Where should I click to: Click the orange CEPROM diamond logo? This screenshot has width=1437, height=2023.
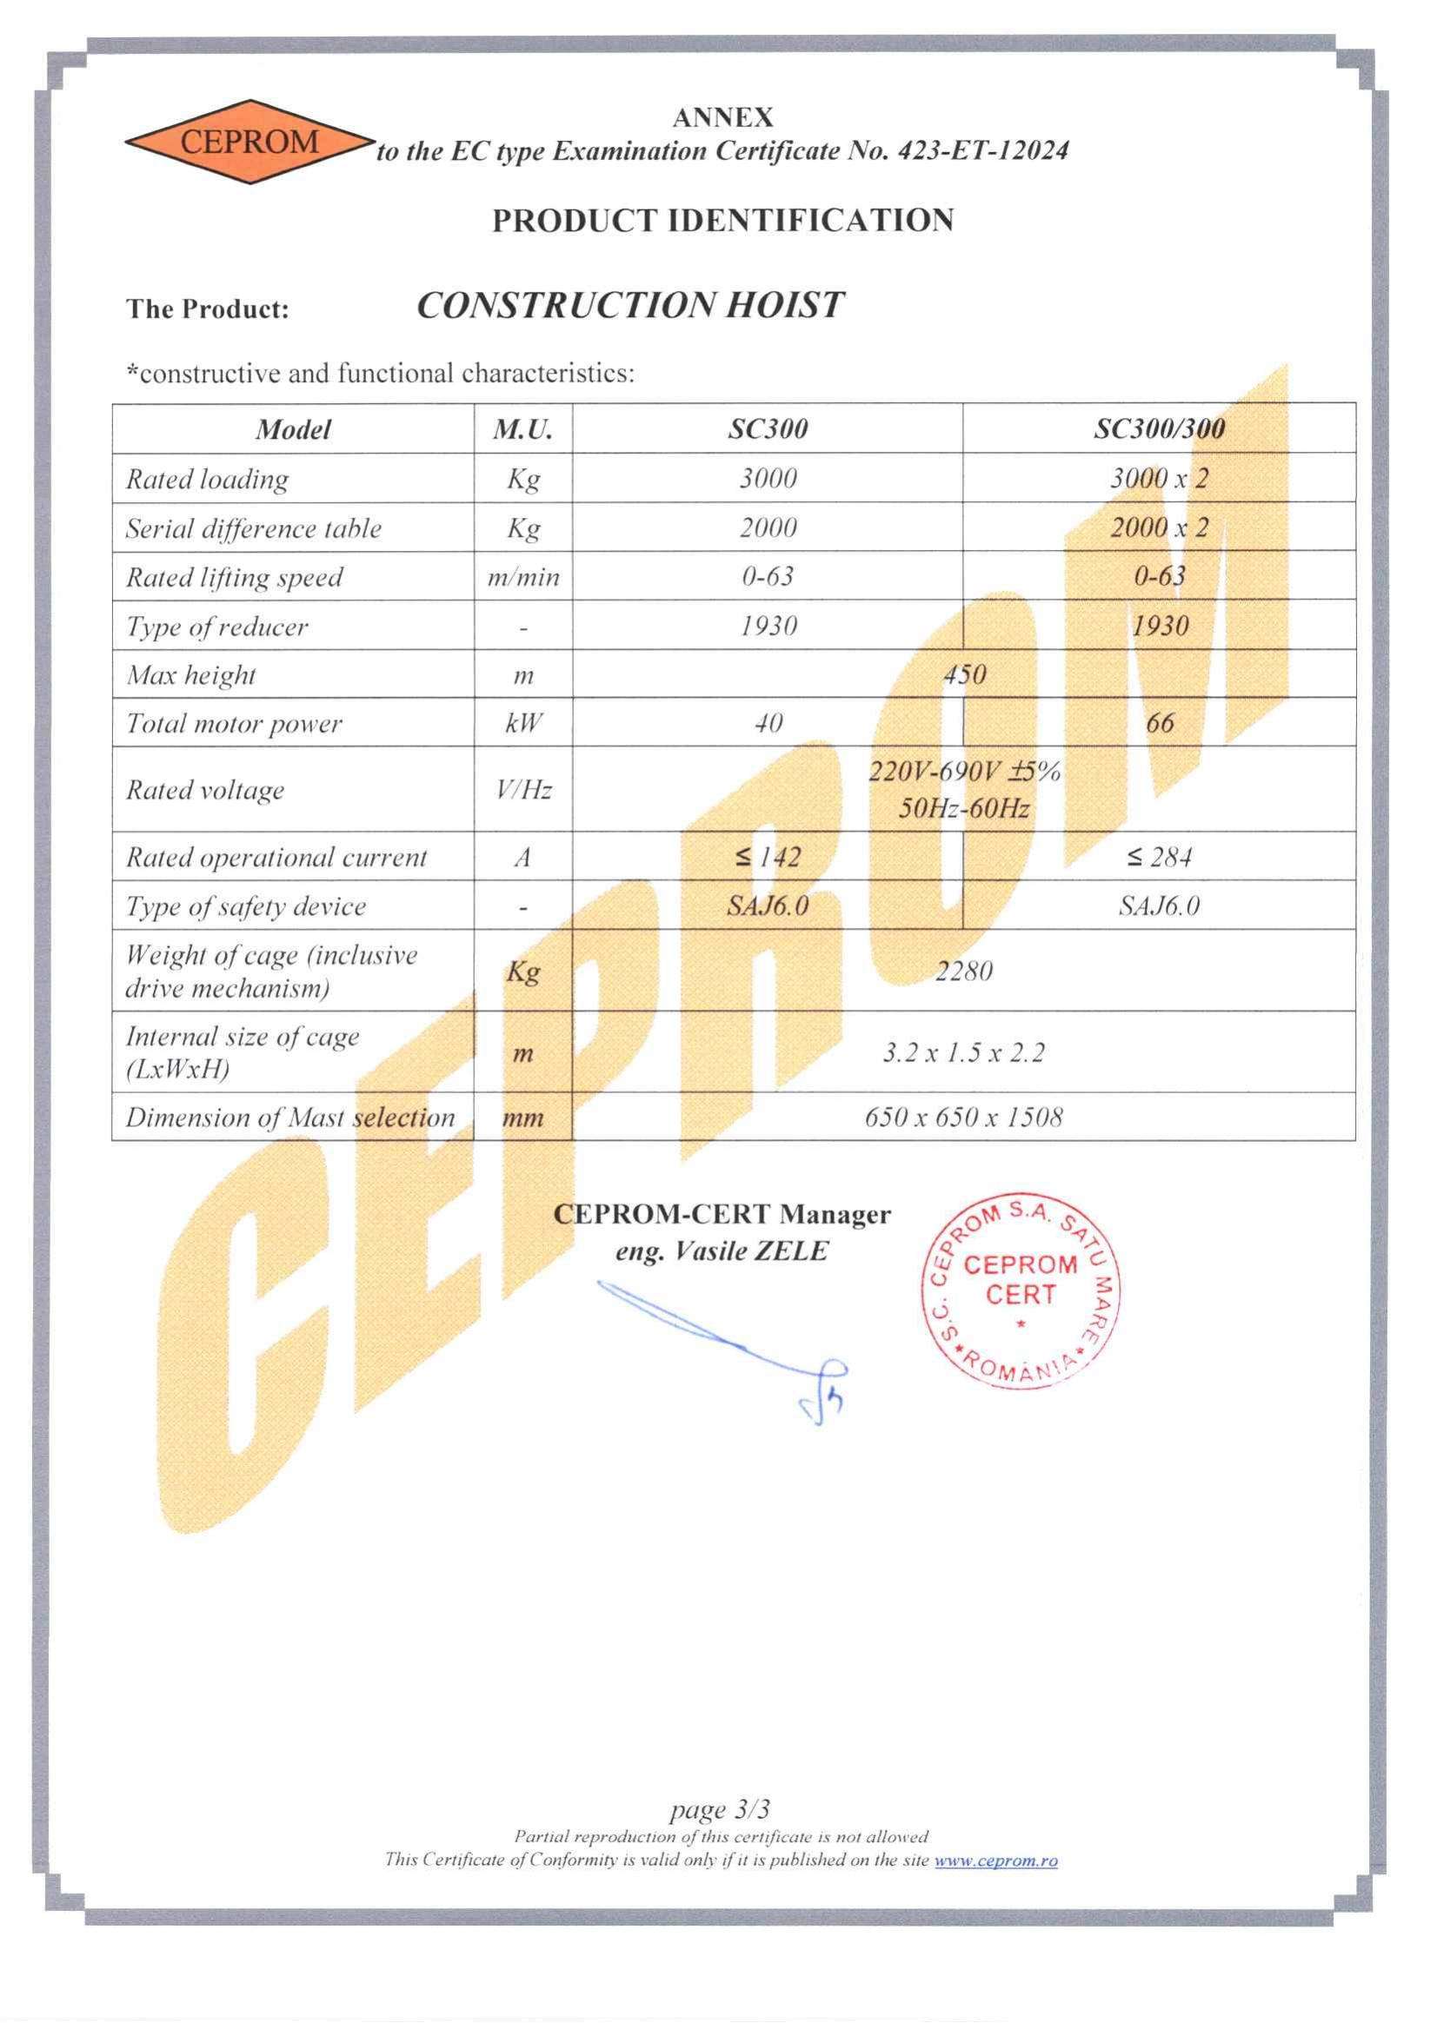coord(248,142)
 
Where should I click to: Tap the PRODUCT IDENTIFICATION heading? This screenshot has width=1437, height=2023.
coord(723,220)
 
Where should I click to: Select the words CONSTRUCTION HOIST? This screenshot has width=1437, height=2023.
coord(630,306)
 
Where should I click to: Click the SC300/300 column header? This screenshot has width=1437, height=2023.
coord(1159,430)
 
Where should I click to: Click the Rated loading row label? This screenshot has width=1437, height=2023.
coord(207,480)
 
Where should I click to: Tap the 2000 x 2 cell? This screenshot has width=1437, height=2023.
coord(1159,528)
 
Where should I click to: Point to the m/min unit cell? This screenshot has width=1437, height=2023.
coord(523,578)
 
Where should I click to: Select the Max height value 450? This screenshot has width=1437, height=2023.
coord(963,675)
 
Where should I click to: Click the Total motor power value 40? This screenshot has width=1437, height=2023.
coord(768,724)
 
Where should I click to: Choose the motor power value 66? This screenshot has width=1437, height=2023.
coord(1159,724)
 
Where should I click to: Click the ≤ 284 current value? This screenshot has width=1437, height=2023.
coord(1159,857)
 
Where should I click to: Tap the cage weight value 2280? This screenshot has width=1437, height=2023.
coord(963,972)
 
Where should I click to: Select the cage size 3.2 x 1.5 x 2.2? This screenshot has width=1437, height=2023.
coord(963,1052)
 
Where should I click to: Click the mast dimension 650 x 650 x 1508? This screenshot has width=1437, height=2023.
coord(963,1118)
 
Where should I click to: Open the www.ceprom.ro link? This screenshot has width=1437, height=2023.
coord(995,1860)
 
